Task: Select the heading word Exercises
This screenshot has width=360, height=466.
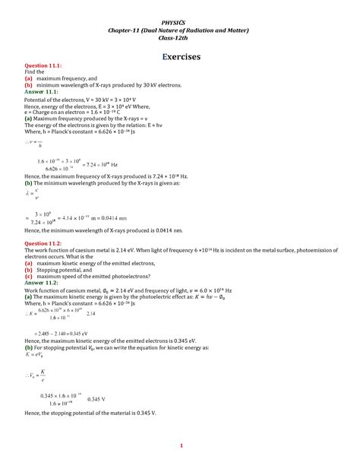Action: click(180, 57)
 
